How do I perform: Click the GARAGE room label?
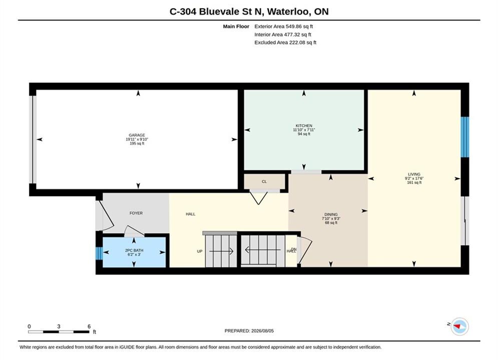click(137, 135)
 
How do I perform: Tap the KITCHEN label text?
click(304, 125)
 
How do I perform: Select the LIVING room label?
click(414, 174)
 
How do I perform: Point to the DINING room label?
click(331, 214)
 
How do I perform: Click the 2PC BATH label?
click(134, 250)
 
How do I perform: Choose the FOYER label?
click(136, 213)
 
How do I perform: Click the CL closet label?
click(264, 181)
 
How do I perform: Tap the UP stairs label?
click(200, 251)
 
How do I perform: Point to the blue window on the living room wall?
click(464, 137)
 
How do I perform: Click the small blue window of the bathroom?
click(99, 253)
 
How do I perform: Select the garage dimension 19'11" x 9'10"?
click(137, 139)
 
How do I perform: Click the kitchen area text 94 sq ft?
click(304, 134)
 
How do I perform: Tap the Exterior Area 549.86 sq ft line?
click(284, 26)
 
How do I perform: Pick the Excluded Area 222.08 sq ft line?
click(285, 42)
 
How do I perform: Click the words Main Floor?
click(236, 26)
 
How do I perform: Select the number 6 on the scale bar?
click(89, 326)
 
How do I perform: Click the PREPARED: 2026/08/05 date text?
click(249, 330)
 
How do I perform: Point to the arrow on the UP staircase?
click(221, 251)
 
